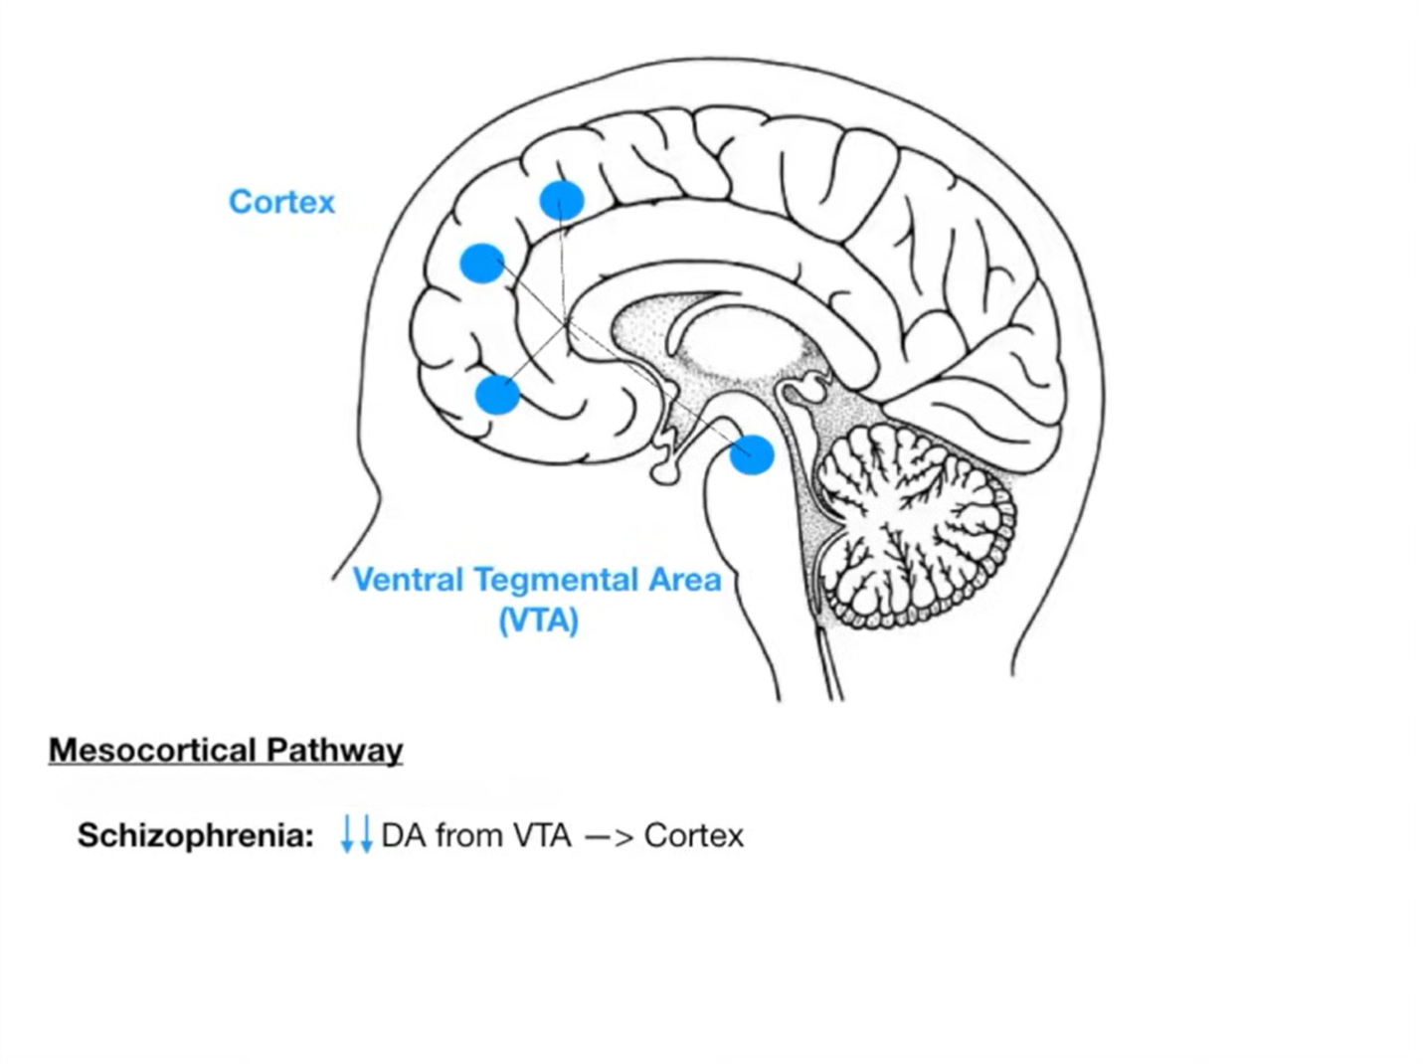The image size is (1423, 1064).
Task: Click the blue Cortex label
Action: click(x=281, y=202)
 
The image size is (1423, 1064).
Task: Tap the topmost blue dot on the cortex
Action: click(x=562, y=201)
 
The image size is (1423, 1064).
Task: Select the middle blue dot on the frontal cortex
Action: click(x=482, y=264)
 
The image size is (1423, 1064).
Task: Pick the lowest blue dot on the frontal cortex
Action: click(x=497, y=394)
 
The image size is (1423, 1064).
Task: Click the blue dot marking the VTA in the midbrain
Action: click(x=752, y=454)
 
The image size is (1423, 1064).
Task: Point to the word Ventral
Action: click(x=408, y=580)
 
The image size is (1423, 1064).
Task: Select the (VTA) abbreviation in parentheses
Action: click(x=538, y=621)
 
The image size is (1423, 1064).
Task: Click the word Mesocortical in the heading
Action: click(x=153, y=750)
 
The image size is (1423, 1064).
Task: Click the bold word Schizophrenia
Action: click(x=196, y=835)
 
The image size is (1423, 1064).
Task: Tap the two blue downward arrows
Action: click(x=356, y=834)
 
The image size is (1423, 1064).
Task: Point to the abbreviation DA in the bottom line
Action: click(x=403, y=835)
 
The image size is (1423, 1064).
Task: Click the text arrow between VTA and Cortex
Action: click(x=609, y=836)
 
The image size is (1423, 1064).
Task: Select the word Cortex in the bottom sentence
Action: click(x=693, y=835)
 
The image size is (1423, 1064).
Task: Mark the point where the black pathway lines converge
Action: click(x=565, y=324)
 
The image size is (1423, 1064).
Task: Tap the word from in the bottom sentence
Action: click(x=468, y=835)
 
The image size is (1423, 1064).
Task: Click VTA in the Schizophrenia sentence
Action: click(x=542, y=835)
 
